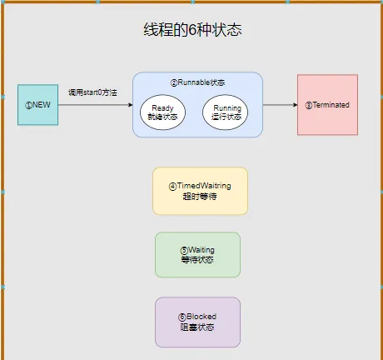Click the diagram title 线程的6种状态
click(192, 29)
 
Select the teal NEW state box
click(37, 105)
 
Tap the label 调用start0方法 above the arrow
click(92, 92)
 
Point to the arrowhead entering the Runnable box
click(130, 105)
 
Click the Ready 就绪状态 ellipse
click(162, 112)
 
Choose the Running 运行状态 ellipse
click(226, 112)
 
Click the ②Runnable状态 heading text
click(197, 82)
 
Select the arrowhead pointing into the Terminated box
click(295, 105)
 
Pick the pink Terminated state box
click(327, 105)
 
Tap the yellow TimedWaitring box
click(200, 191)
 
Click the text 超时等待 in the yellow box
click(200, 197)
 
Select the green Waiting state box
click(197, 255)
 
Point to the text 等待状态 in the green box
click(197, 260)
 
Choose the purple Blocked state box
click(197, 322)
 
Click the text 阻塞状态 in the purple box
click(197, 327)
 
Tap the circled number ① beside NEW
click(28, 105)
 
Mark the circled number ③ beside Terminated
click(309, 105)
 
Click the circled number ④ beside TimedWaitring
click(172, 187)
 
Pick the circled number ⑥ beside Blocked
click(182, 317)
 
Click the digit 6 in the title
click(192, 30)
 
